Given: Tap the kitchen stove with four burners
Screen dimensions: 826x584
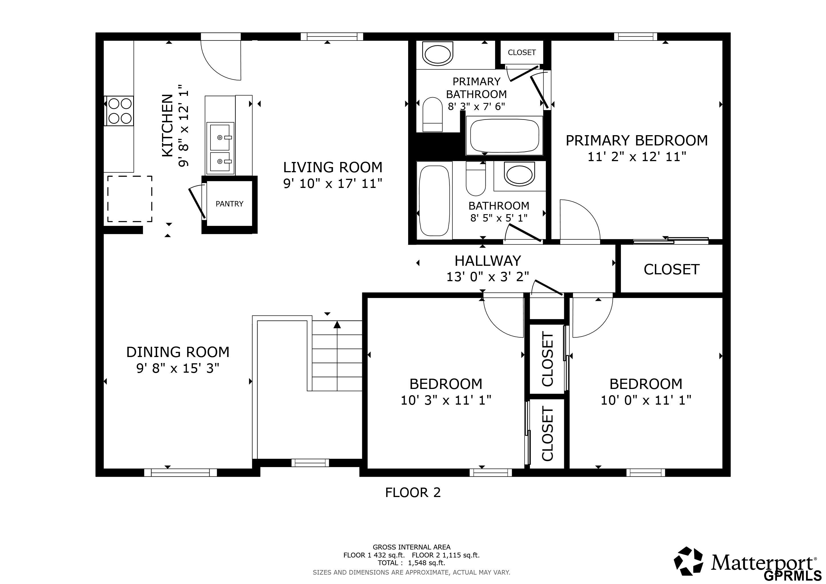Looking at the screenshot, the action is pyautogui.click(x=119, y=111).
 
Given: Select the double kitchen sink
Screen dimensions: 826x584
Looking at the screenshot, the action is pyautogui.click(x=220, y=148).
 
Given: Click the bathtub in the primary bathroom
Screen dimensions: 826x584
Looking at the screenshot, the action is pyautogui.click(x=504, y=135).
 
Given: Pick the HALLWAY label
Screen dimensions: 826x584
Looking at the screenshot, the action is pyautogui.click(x=487, y=261).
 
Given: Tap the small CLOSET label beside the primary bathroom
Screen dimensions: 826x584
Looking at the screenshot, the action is pyautogui.click(x=522, y=52).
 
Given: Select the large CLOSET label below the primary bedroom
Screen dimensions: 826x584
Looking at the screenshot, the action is pyautogui.click(x=671, y=269).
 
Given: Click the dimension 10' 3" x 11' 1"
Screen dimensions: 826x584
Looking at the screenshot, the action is pyautogui.click(x=446, y=400).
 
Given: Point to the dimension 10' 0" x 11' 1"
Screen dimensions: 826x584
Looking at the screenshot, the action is pyautogui.click(x=646, y=400).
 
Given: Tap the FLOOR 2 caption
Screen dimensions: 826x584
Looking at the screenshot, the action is pyautogui.click(x=413, y=492).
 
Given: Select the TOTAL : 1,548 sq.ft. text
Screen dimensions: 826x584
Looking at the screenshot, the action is pyautogui.click(x=412, y=563).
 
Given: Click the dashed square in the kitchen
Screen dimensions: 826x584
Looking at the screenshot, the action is pyautogui.click(x=129, y=199).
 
